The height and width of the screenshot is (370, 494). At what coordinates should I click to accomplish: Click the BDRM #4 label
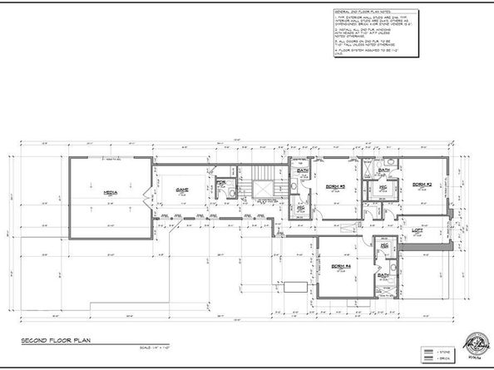pyautogui.click(x=341, y=266)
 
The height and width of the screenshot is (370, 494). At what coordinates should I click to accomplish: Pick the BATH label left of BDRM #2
pyautogui.click(x=384, y=170)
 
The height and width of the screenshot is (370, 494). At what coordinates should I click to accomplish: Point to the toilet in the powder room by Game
pyautogui.click(x=225, y=193)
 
